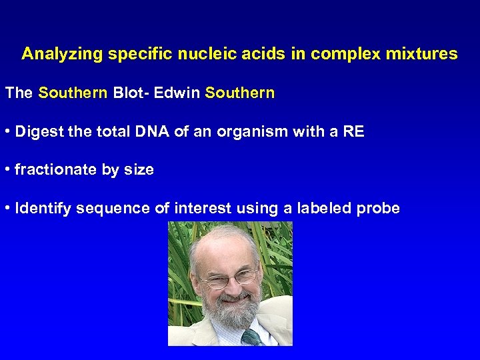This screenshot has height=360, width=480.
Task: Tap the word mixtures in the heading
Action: click(425, 54)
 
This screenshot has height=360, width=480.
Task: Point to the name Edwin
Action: click(177, 93)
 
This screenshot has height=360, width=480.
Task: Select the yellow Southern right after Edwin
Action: click(240, 93)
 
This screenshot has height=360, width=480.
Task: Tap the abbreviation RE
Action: click(353, 131)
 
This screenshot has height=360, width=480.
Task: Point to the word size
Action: click(139, 170)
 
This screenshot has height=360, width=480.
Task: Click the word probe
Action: click(378, 209)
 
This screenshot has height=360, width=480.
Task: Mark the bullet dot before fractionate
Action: click(7, 170)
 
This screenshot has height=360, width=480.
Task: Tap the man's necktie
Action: click(251, 337)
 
